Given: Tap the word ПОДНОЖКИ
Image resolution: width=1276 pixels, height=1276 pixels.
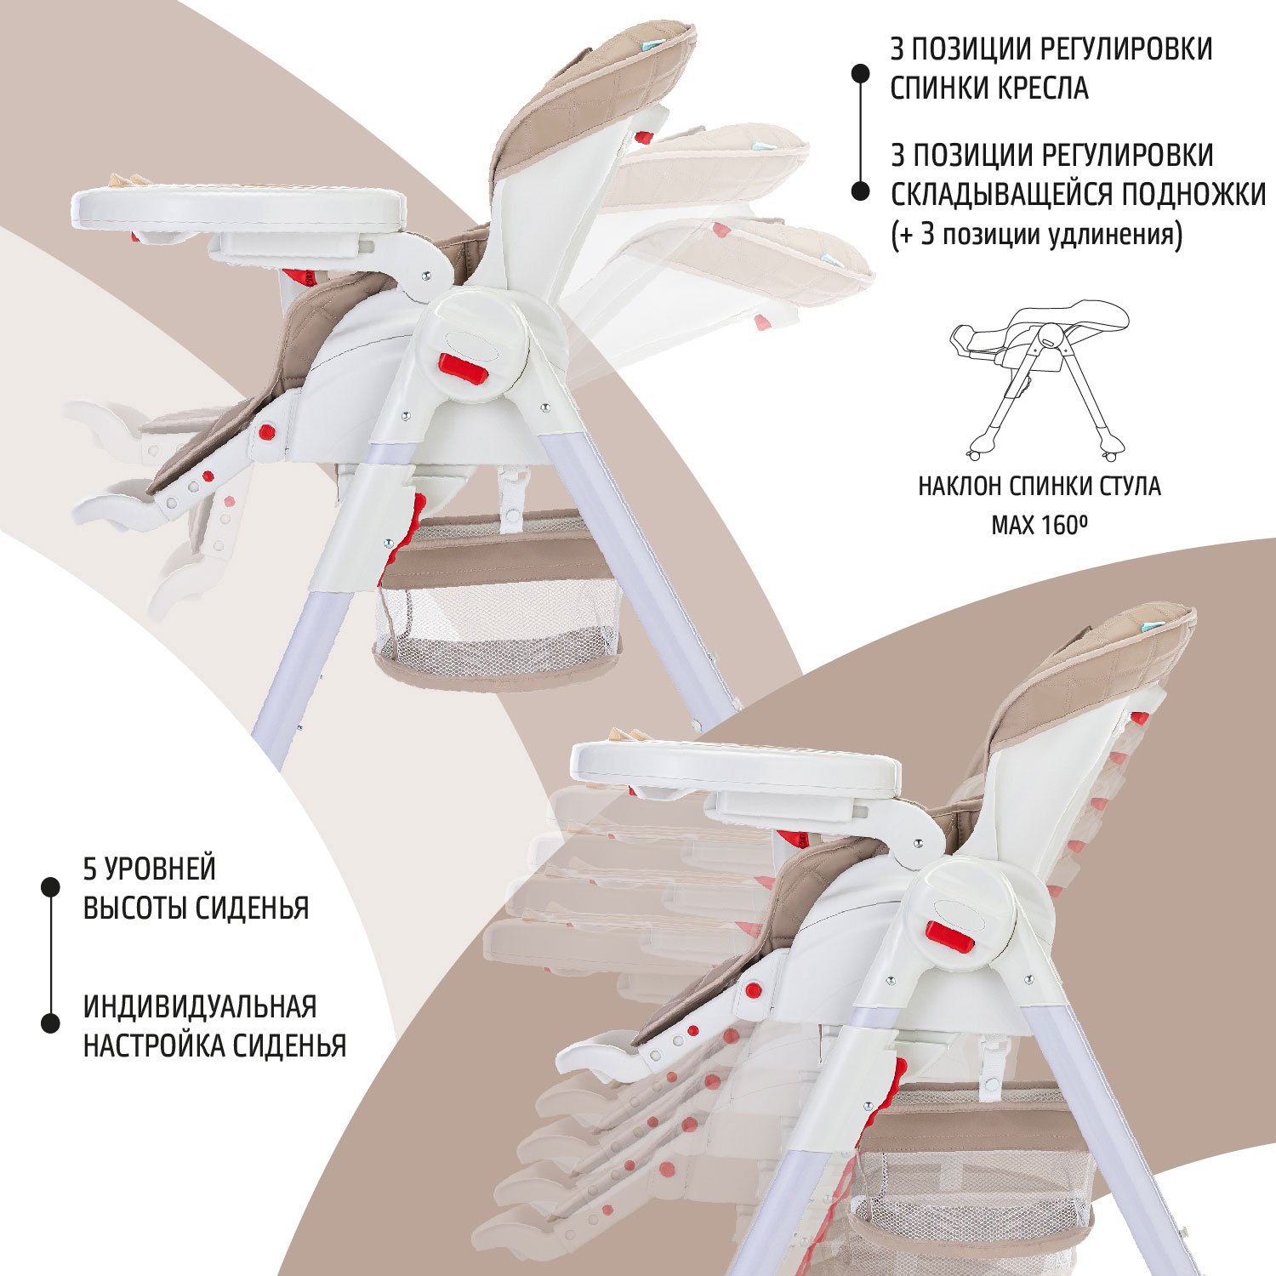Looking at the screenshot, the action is click(1193, 195).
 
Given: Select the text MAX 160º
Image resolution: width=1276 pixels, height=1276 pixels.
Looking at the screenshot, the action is click(1040, 524).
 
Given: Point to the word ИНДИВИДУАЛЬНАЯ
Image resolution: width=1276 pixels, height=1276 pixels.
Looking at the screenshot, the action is click(200, 1006).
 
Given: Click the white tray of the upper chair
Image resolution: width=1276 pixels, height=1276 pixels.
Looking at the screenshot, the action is click(238, 208).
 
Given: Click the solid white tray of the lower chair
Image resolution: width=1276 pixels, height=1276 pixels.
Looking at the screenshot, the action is click(735, 766).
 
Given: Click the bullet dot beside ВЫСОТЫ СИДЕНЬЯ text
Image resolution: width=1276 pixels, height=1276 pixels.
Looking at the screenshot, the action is click(51, 886).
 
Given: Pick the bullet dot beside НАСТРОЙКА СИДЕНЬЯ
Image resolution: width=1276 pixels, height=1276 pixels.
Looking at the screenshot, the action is click(51, 1023).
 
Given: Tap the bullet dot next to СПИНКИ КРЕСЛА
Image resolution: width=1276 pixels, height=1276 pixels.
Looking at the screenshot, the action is click(861, 73).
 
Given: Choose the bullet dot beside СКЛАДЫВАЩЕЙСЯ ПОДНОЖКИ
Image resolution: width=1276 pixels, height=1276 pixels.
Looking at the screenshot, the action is click(861, 192).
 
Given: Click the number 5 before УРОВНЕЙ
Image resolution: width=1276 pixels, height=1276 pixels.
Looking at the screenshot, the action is click(90, 869).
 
